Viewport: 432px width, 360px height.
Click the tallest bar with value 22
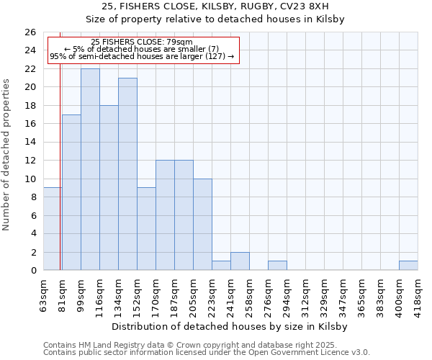(x=90, y=169)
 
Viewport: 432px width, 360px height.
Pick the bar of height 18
(x=109, y=188)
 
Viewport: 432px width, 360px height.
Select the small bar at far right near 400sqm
(x=408, y=266)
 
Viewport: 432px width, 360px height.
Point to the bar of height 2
(x=240, y=261)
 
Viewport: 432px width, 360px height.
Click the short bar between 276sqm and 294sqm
(x=277, y=266)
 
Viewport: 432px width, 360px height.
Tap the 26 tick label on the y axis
(x=30, y=32)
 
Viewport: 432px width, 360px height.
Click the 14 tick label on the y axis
(x=30, y=143)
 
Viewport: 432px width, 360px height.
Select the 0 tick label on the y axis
(x=32, y=271)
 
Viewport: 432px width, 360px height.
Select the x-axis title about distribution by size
(x=230, y=326)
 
